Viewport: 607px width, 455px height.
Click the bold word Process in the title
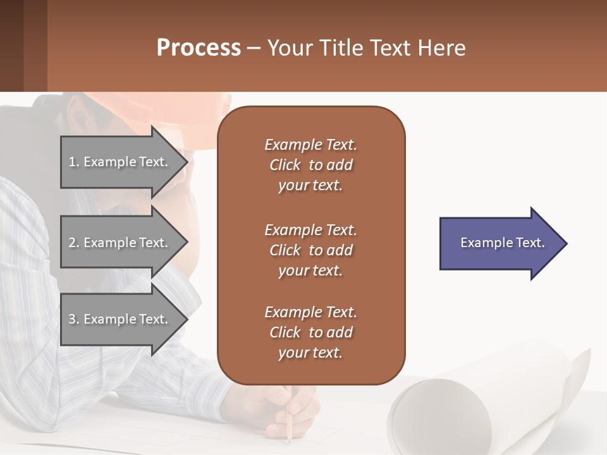[x=199, y=48]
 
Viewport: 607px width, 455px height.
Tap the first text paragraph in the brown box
[x=310, y=165]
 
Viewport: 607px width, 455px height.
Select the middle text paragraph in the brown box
[x=310, y=250]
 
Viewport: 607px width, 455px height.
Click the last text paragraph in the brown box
[x=310, y=332]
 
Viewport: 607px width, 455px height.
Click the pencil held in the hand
[x=288, y=420]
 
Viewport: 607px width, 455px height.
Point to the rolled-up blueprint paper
[x=443, y=411]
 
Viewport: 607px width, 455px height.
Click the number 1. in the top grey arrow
[x=74, y=162]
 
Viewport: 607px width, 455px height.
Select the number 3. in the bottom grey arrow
[x=74, y=319]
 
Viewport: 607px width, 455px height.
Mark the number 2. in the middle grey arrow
[x=74, y=243]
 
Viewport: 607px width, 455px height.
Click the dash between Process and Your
[x=254, y=49]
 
